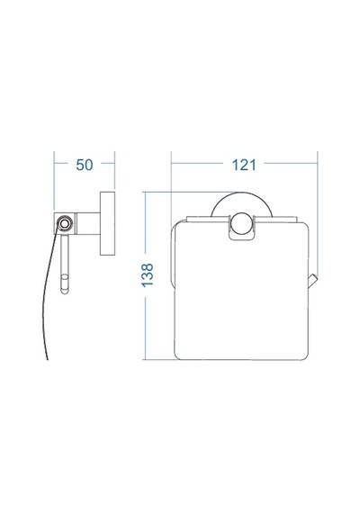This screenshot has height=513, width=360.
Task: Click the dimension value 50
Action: tap(85, 165)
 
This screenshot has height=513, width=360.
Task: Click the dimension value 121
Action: tap(244, 165)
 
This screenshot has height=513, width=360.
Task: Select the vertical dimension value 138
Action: tap(148, 275)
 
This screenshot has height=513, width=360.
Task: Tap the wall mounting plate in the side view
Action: tap(107, 223)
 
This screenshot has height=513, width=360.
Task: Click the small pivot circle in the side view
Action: tap(64, 223)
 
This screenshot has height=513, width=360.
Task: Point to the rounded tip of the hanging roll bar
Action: tap(65, 290)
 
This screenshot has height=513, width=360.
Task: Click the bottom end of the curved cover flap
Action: tap(48, 359)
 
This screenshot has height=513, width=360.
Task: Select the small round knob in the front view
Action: tap(241, 223)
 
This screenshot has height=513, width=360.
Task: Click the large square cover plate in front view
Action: tap(241, 291)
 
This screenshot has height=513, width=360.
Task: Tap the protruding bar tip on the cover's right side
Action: tap(313, 282)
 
